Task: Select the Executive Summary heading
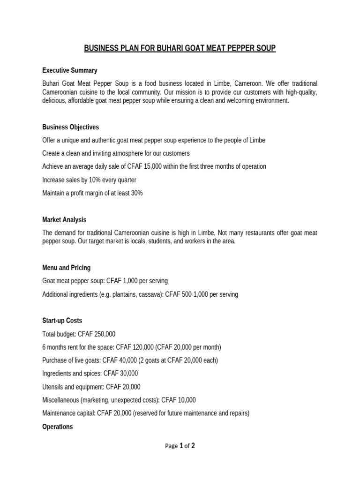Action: [x=69, y=70]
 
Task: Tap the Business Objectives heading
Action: [x=70, y=127]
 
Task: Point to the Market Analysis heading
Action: [x=64, y=219]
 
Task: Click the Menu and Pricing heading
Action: [x=66, y=268]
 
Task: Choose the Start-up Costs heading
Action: [x=62, y=321]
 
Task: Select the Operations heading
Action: [x=57, y=427]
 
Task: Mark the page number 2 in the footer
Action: [x=193, y=446]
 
